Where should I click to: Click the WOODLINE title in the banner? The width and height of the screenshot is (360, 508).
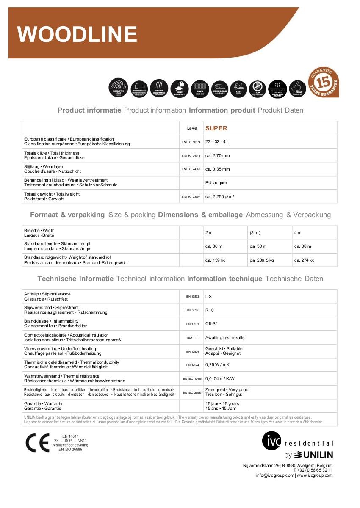78,34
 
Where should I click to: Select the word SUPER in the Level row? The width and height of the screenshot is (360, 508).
216,128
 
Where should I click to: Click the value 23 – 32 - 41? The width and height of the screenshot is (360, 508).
216,142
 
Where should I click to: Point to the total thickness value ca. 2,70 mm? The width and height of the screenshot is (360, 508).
217,156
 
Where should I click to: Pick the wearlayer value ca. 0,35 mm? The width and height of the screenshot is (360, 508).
217,169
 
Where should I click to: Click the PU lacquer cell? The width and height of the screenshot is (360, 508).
216,183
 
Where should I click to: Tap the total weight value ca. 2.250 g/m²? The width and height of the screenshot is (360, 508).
220,196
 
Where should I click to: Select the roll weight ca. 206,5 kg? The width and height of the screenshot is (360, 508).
262,260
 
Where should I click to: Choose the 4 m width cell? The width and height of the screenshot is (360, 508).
298,233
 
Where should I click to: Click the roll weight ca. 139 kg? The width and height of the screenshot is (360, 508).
215,260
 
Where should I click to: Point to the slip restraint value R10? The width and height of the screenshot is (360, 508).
210,310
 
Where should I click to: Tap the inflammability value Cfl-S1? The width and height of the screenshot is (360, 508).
211,324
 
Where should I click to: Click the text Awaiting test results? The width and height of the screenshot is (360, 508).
224,338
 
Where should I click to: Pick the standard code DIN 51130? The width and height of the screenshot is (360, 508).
193,310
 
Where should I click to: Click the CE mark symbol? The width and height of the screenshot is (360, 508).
37,443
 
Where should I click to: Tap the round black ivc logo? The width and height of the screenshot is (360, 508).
271,441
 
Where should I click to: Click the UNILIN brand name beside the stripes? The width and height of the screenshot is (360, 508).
318,455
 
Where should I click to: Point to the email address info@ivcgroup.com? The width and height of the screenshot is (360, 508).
275,475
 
